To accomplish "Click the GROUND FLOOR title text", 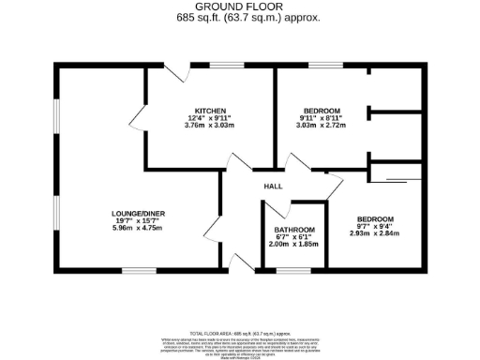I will [x=240, y=7].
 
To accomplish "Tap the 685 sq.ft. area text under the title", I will [x=240, y=17].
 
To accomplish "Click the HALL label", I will [x=273, y=187].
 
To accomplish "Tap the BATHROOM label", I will [x=294, y=230].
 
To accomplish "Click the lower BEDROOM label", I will [x=375, y=219].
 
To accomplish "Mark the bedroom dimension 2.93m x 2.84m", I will [x=375, y=234].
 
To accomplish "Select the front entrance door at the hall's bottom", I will [x=242, y=262].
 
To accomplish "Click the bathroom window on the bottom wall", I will [x=292, y=272].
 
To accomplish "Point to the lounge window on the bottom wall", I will [x=139, y=272].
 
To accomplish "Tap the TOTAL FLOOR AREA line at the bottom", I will [x=240, y=333].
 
